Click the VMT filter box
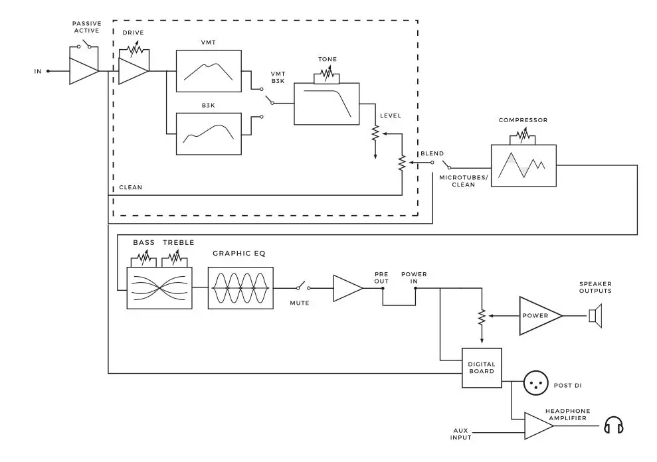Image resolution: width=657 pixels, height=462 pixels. tap(209, 70)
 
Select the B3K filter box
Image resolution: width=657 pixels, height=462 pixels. tap(209, 133)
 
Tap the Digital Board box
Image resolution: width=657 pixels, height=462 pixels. tap(482, 368)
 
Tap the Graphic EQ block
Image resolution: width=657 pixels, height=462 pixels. tap(240, 287)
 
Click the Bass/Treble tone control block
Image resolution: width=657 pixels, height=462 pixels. tap(159, 287)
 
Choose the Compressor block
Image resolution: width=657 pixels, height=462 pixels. tap(523, 165)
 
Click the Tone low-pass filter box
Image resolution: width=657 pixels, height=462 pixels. tap(326, 104)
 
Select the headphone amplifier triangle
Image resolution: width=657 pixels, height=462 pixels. tap(537, 425)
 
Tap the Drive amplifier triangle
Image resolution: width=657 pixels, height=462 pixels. tap(132, 71)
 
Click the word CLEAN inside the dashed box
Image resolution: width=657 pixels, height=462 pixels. tap(130, 188)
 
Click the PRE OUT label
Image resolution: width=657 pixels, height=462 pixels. tap(381, 277)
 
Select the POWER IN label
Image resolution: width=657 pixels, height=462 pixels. tap(414, 277)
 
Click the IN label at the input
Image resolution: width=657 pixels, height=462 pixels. tap(39, 71)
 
